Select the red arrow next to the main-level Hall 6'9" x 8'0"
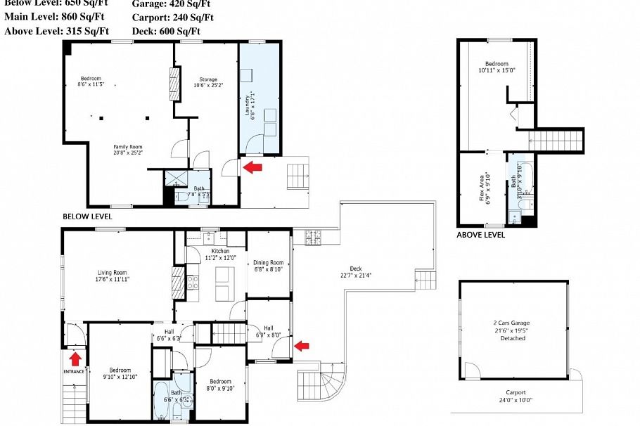[x=301, y=345]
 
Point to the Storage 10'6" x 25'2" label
[x=208, y=82]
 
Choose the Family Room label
[x=128, y=149]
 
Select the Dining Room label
[x=269, y=266]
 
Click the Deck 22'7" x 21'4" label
[x=356, y=271]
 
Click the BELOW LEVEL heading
[x=87, y=217]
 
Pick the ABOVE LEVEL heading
[x=480, y=235]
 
